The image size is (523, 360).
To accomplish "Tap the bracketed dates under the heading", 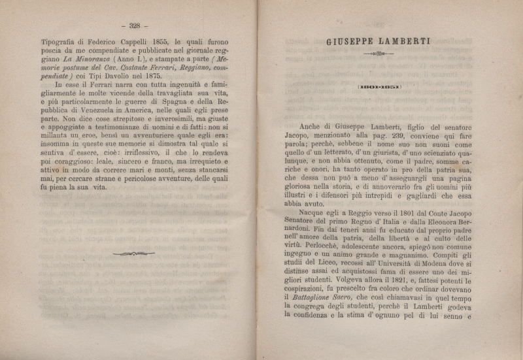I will click(x=379, y=87).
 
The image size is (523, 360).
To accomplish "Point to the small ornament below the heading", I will click(x=379, y=54).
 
